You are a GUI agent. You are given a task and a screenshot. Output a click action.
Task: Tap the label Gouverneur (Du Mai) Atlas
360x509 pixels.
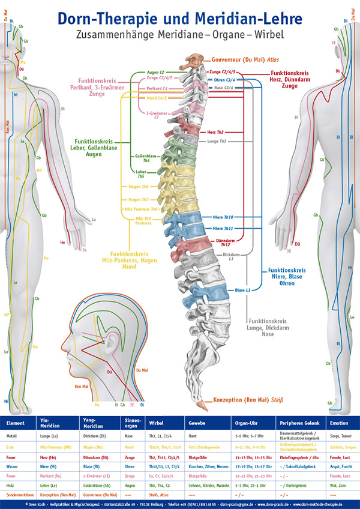pyautogui.click(x=245, y=60)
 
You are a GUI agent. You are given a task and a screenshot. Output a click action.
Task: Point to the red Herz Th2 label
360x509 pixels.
pyautogui.click(x=215, y=131)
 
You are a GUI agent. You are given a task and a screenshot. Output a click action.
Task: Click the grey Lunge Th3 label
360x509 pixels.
pyautogui.click(x=217, y=140)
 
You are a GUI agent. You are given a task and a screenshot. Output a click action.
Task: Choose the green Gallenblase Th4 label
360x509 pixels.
pyautogui.click(x=146, y=158)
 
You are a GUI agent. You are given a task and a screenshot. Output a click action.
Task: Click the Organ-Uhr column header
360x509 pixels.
pyautogui.click(x=247, y=422)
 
